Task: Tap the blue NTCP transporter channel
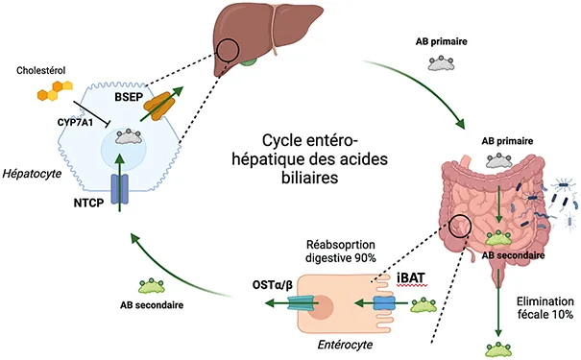pyautogui.click(x=119, y=189)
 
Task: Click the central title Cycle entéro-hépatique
pyautogui.click(x=303, y=157)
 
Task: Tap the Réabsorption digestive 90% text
pyautogui.click(x=341, y=251)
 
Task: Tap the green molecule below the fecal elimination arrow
pyautogui.click(x=499, y=346)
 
